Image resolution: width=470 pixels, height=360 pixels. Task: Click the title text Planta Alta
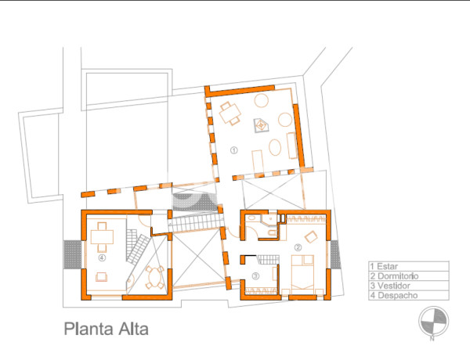coord(106,329)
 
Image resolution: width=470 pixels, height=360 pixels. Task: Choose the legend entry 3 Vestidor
coord(392,286)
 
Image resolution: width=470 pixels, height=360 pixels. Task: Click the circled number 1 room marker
coord(233,149)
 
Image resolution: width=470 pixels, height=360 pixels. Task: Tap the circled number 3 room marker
coord(256,276)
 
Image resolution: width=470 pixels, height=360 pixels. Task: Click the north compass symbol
coord(432,321)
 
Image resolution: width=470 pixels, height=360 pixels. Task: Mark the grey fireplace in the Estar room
coord(258,124)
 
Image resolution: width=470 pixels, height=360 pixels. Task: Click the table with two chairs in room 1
coord(230,113)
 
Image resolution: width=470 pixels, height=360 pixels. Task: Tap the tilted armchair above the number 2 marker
coord(310,236)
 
